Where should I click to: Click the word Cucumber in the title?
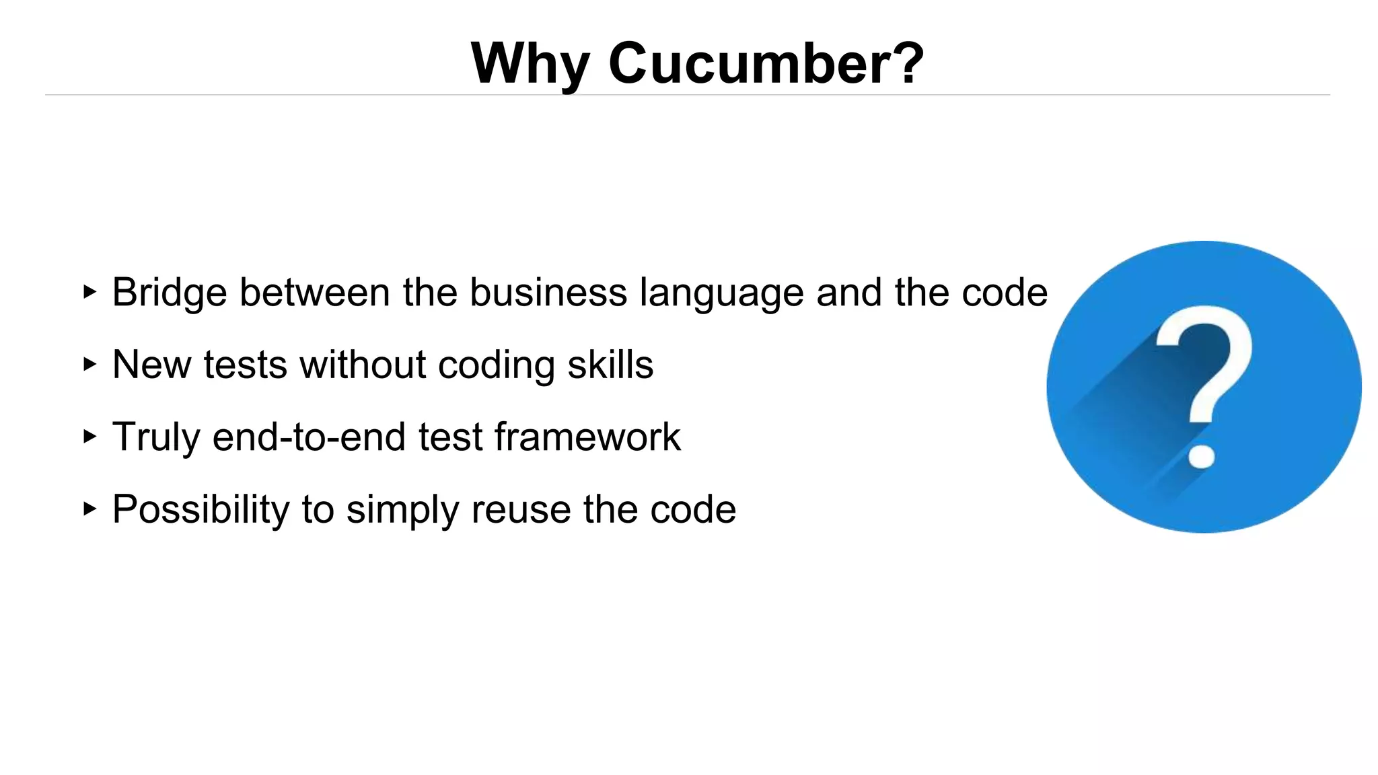766,63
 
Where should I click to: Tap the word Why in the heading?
530,63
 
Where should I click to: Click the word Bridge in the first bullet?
169,293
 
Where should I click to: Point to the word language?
721,294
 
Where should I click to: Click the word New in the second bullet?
151,365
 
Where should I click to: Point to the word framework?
587,437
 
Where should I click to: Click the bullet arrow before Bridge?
89,292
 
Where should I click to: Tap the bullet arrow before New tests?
89,364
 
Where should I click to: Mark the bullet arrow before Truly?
89,437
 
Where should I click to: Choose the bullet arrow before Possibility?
89,509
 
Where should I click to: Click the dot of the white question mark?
1202,455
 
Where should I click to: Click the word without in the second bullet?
363,365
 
